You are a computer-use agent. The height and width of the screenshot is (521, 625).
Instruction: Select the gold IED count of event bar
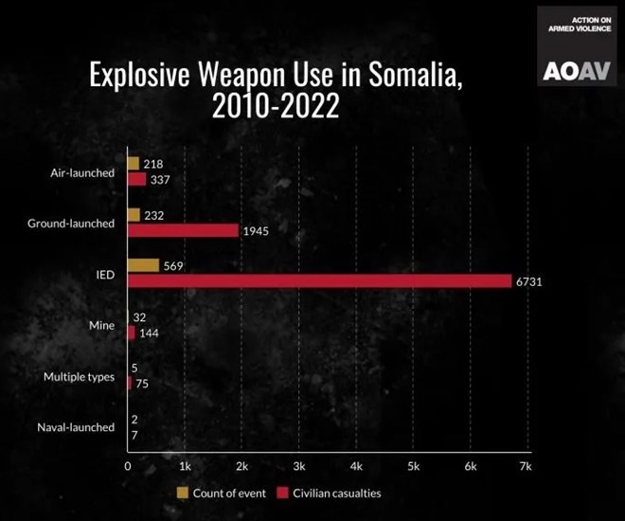click(x=143, y=266)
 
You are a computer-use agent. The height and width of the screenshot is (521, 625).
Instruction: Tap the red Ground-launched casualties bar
click(x=183, y=230)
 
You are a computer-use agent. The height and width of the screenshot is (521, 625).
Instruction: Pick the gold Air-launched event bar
click(x=134, y=164)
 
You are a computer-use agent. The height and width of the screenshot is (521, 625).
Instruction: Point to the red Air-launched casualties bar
click(x=136, y=179)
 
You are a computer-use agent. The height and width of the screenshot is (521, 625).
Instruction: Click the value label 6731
click(x=528, y=282)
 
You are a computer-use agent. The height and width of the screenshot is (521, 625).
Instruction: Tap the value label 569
click(x=173, y=266)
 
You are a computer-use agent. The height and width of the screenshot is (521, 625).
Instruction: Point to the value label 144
click(x=149, y=333)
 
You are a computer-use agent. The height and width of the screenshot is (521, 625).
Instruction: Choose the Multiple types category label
click(x=80, y=377)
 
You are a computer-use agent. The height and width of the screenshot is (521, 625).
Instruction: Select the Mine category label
click(x=102, y=326)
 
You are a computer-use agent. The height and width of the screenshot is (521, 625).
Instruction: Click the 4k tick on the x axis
click(x=356, y=466)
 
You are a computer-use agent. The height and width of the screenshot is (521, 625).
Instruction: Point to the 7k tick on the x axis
click(x=527, y=466)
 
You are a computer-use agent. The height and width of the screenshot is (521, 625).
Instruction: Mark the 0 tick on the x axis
click(x=128, y=466)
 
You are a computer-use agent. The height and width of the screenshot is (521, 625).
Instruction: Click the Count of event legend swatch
click(x=183, y=493)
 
